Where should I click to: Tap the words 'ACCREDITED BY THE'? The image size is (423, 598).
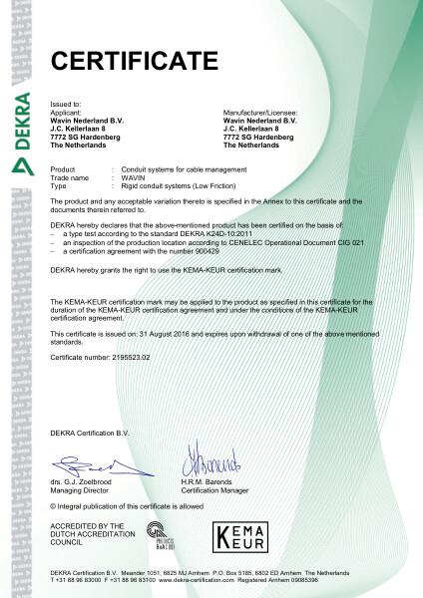coord(87,524)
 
